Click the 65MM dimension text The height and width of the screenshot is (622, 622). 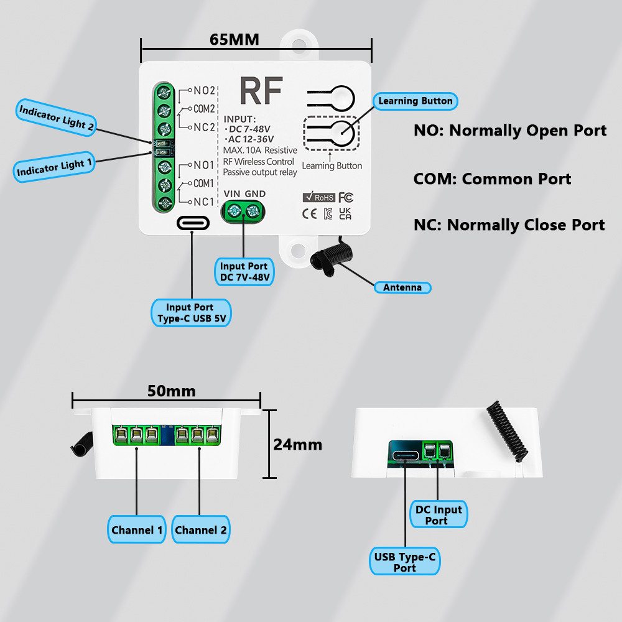(234, 40)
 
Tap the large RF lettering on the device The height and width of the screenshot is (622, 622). (261, 92)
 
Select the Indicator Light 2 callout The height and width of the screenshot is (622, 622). (56, 116)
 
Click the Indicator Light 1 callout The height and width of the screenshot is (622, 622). (55, 167)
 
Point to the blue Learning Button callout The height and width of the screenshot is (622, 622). (415, 101)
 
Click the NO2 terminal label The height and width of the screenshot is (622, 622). (203, 90)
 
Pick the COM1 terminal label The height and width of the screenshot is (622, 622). (203, 183)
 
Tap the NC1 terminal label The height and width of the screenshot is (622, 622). (203, 202)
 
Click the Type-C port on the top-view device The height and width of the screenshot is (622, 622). (192, 223)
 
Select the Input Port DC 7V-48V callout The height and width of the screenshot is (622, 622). (244, 272)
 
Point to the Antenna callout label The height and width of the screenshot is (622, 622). (402, 287)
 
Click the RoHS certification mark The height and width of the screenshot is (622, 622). (318, 197)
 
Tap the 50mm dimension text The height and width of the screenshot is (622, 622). (171, 391)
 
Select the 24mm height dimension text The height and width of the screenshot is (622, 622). (298, 444)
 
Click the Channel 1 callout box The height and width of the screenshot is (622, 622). (137, 530)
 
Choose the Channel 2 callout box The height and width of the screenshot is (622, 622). (201, 530)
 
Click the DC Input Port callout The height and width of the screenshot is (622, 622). (439, 514)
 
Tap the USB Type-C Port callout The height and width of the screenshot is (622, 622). (404, 562)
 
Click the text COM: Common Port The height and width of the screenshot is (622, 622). (492, 179)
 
